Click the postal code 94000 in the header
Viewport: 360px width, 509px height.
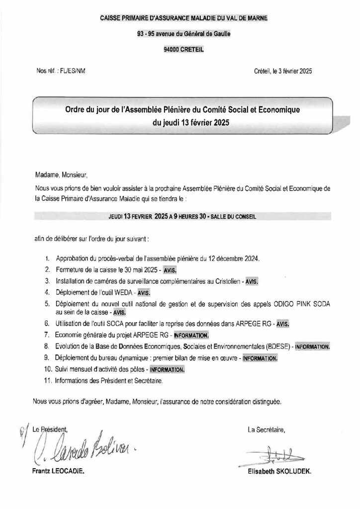pos(172,49)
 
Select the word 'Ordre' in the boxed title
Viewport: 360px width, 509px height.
pos(78,108)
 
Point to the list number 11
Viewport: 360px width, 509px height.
pos(48,381)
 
